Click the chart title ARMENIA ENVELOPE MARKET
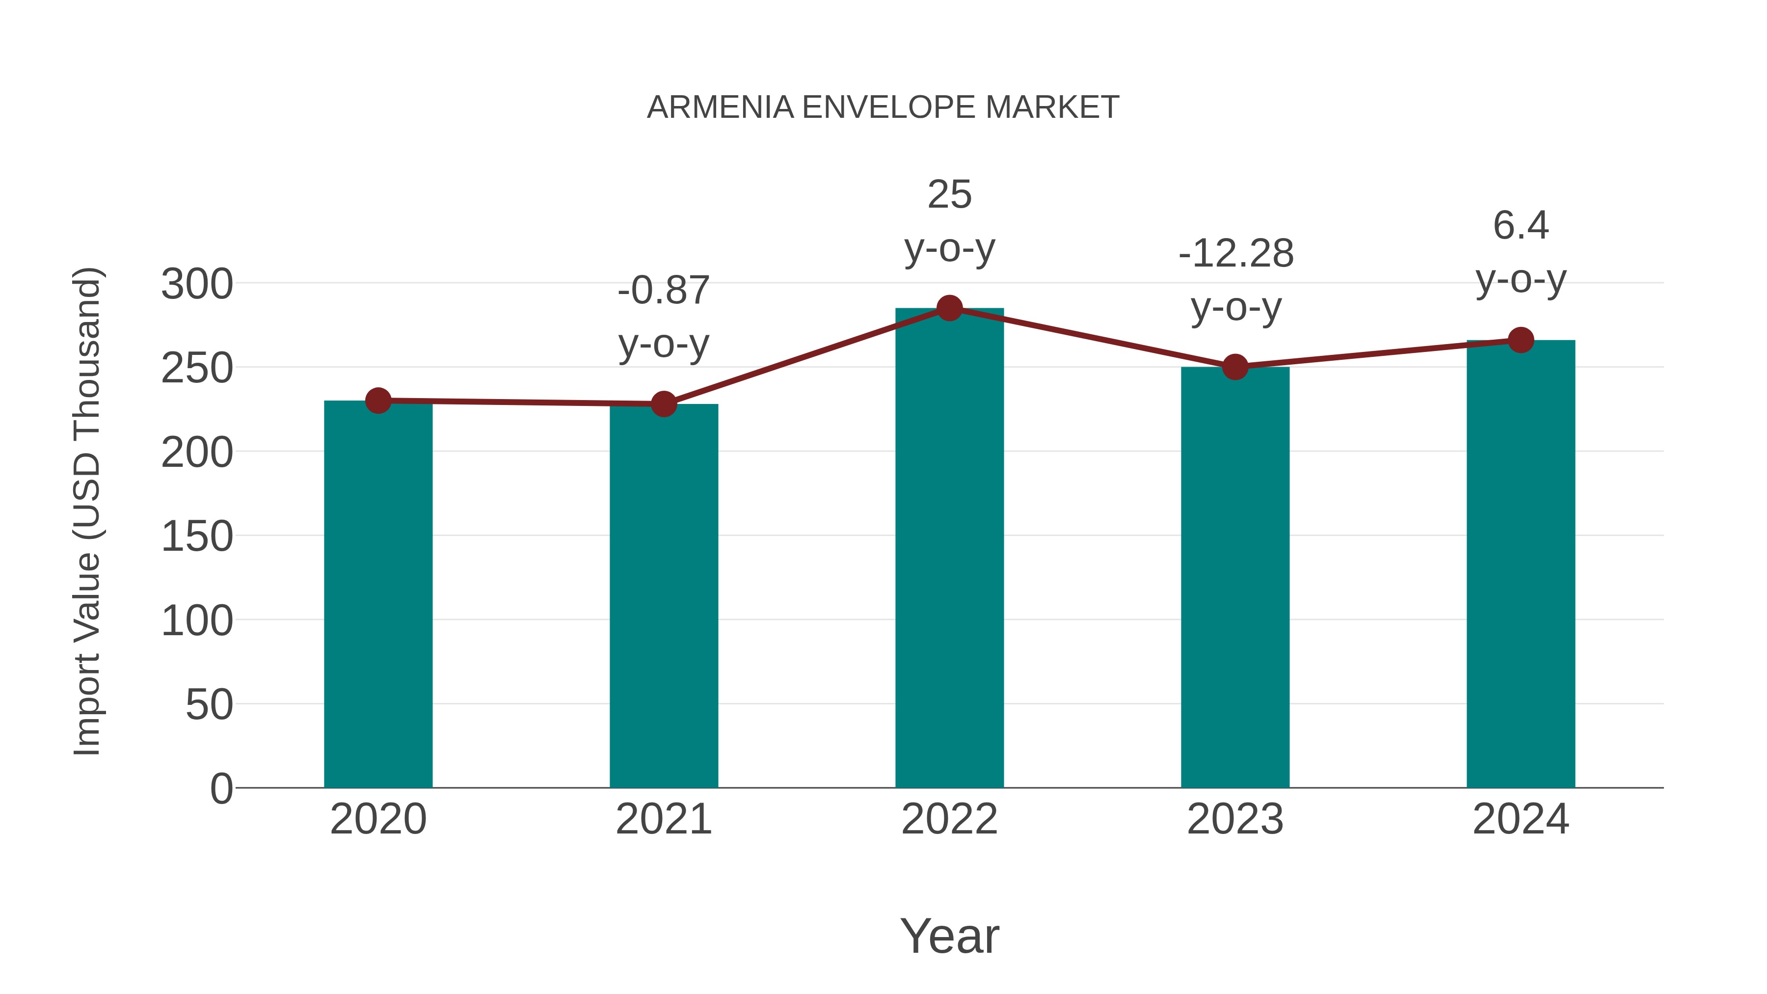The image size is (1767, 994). [x=883, y=107]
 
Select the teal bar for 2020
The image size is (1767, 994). [x=378, y=593]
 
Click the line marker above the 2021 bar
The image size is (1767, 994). [x=663, y=404]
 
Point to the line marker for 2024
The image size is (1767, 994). [x=1521, y=340]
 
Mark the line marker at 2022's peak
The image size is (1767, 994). [x=949, y=309]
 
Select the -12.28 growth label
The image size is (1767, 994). [x=1236, y=254]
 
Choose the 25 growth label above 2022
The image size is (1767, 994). [x=949, y=195]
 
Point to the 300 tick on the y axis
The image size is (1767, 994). [x=197, y=284]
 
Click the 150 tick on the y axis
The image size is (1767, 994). [x=197, y=537]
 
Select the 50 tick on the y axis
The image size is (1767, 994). [x=209, y=704]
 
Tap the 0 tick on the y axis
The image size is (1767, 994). [x=221, y=788]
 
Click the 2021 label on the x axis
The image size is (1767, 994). [x=663, y=819]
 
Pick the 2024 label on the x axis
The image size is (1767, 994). [x=1521, y=819]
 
